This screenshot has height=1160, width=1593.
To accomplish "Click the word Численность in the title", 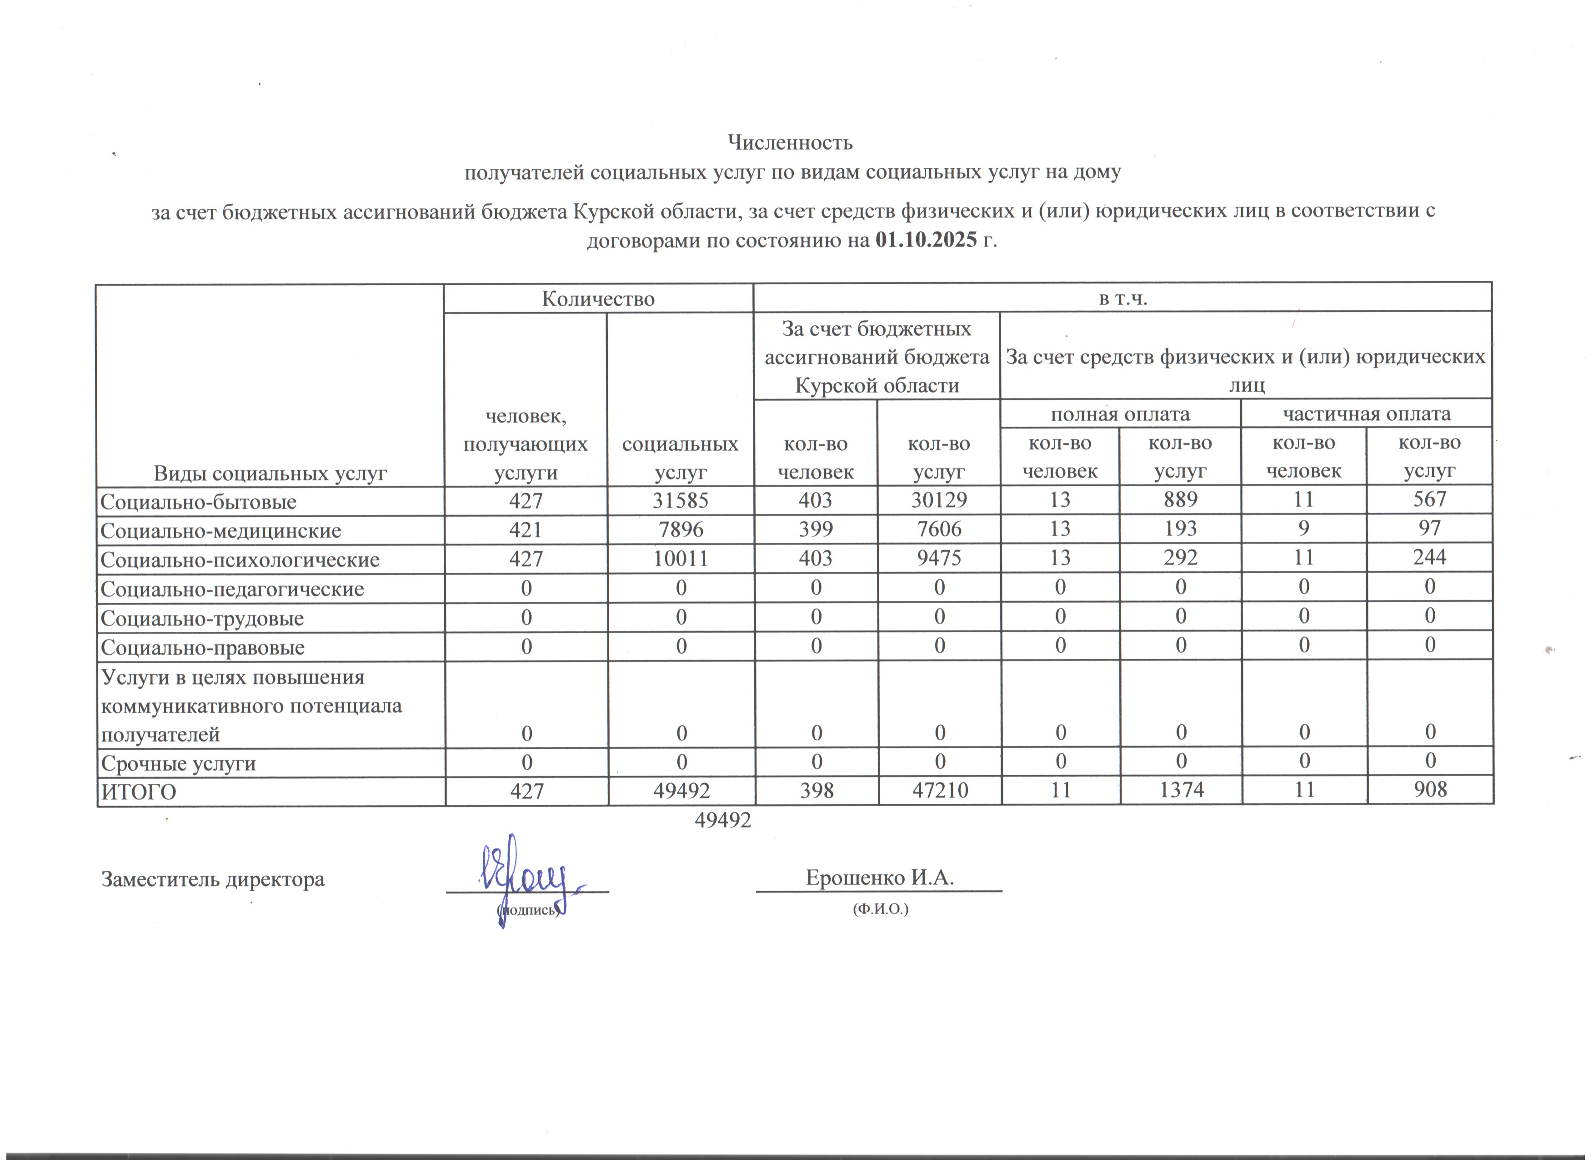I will coord(790,143).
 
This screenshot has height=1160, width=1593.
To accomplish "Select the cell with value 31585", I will coord(680,500).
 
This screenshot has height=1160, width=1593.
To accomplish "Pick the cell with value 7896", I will coord(680,529).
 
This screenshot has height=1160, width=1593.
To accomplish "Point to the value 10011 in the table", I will coord(680,559).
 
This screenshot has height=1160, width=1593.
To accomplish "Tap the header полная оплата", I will coord(1120,414).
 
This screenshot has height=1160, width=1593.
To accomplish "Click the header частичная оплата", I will coord(1366,414).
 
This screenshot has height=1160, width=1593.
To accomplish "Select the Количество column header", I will coord(598,299).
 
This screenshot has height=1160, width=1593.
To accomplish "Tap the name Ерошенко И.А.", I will coord(879,878).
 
